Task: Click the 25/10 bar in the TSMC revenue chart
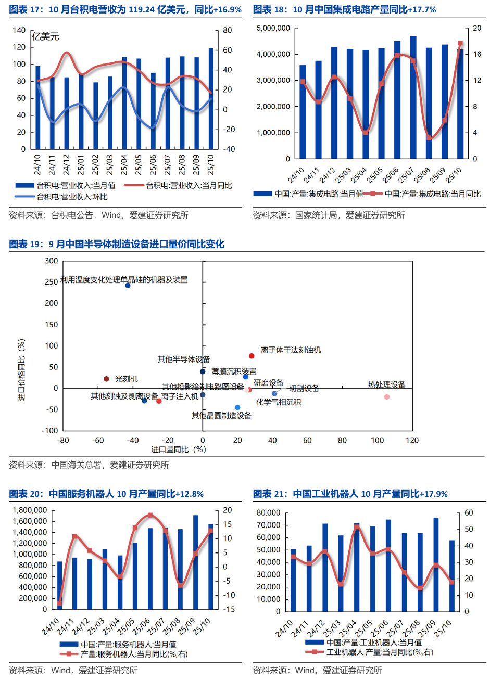[211, 99]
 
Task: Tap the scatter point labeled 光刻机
[106, 379]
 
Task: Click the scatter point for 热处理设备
[387, 397]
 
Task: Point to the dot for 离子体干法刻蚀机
[252, 356]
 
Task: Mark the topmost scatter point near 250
[128, 286]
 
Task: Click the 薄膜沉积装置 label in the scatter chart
[234, 371]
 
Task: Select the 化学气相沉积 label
[278, 402]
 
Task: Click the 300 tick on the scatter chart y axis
[52, 261]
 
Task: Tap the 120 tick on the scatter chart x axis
[412, 440]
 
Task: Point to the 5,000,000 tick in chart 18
[273, 28]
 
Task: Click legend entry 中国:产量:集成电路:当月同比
[432, 194]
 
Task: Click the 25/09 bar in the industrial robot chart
[435, 564]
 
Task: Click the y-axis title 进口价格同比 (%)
[22, 370]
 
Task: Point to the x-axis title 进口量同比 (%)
[179, 449]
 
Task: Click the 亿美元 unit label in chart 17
[46, 36]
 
